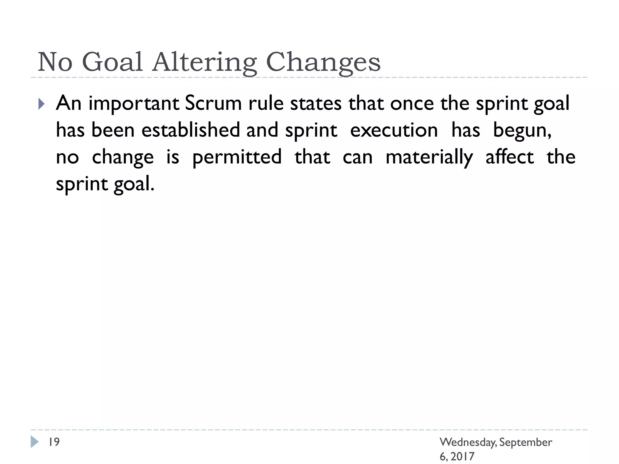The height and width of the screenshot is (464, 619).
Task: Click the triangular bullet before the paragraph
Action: point(41,104)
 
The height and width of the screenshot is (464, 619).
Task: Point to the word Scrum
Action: point(213,103)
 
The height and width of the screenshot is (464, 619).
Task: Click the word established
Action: point(190,130)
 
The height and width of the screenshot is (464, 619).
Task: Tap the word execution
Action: point(394,131)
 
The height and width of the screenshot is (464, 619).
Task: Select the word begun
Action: point(522,131)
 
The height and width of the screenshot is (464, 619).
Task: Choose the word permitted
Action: point(237,157)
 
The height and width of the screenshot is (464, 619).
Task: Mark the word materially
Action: point(429,157)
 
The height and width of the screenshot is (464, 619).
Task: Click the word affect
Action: point(510,157)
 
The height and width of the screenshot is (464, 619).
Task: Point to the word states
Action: point(316,103)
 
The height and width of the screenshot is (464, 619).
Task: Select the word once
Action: point(412,103)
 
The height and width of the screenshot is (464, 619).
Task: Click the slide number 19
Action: point(54,442)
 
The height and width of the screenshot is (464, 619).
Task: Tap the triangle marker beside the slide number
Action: point(34,442)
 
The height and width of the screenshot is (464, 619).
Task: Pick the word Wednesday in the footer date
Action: point(468,442)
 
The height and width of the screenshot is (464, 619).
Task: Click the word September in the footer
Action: point(526,443)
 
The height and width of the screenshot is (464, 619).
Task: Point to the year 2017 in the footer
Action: point(462,456)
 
